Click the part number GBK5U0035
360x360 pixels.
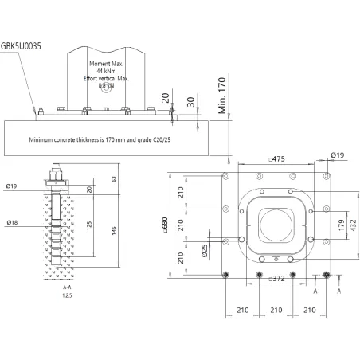25,47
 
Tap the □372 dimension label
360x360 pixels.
276,280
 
